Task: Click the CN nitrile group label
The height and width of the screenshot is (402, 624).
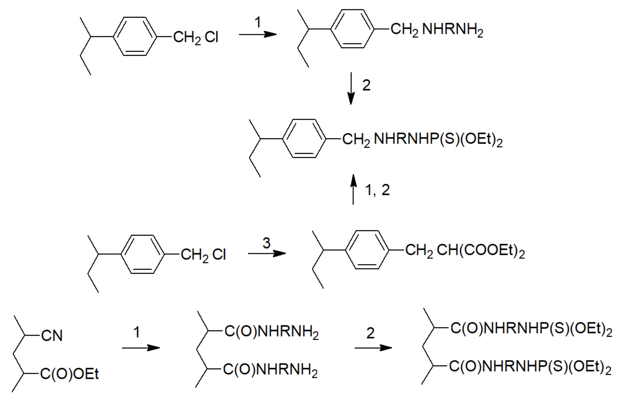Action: point(52,336)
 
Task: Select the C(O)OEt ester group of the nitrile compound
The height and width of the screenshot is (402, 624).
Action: point(69,374)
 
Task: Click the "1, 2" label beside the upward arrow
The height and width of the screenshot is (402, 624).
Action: point(377,190)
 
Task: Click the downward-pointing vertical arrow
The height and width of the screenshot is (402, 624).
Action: point(351,88)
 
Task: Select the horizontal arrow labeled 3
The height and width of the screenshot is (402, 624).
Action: point(266,253)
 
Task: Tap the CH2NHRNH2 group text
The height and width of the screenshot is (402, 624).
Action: point(437,29)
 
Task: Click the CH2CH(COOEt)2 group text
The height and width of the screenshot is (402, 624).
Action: point(465,251)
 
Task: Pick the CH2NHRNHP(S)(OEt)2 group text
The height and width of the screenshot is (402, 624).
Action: point(422,140)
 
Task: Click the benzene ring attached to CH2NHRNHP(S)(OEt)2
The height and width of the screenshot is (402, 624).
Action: point(304,139)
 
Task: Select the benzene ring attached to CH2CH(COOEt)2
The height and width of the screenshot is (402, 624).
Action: point(367,250)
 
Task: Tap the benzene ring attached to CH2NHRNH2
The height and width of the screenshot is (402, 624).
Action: point(353,29)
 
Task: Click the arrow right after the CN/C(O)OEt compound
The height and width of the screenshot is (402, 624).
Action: point(140,348)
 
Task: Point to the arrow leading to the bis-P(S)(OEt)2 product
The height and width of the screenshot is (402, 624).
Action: point(373,348)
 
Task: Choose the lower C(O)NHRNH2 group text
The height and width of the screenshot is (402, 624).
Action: point(270,370)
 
